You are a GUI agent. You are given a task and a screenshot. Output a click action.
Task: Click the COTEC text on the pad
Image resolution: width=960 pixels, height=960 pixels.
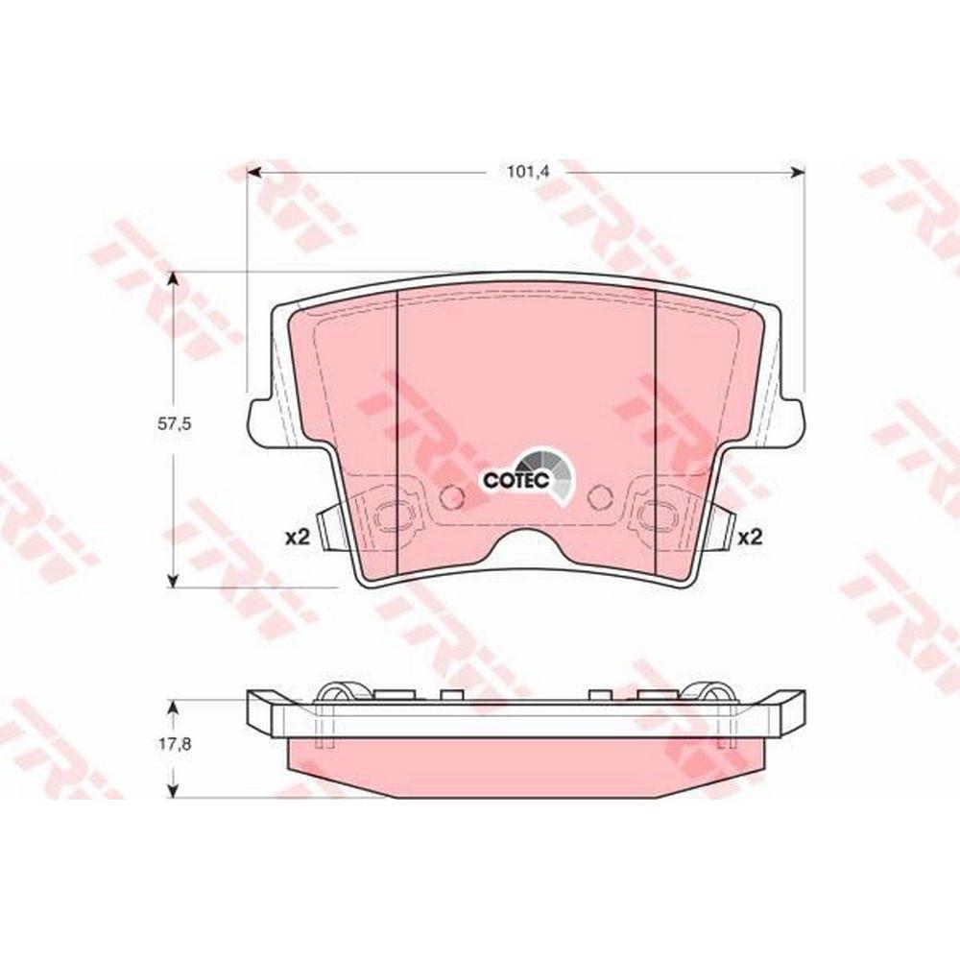(x=516, y=481)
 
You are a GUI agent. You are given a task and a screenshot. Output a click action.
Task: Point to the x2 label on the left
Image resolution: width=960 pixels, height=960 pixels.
(x=299, y=538)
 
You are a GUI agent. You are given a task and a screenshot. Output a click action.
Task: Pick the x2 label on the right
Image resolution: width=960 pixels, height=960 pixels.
(x=750, y=538)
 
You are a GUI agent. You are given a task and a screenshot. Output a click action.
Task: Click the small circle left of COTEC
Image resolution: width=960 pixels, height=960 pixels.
(x=452, y=496)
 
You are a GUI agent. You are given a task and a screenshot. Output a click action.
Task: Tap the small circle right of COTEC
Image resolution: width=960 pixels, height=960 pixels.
(x=599, y=496)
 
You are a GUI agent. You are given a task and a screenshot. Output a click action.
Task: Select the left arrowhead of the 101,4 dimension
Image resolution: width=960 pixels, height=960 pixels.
(x=254, y=173)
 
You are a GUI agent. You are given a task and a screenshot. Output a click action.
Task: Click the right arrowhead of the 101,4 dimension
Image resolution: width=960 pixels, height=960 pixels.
(x=797, y=173)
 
